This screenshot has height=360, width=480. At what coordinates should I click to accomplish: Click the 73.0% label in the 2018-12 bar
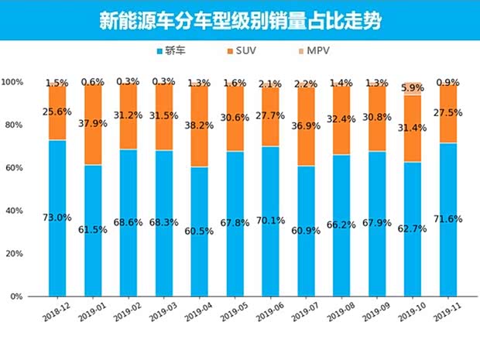click(x=57, y=218)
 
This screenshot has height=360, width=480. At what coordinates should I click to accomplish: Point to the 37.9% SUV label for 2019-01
click(x=92, y=108)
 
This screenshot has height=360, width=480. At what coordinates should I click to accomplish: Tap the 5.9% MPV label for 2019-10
click(x=413, y=87)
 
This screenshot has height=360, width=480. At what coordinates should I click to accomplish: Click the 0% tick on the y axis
click(x=15, y=297)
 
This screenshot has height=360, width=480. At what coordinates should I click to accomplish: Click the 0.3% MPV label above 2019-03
click(x=163, y=81)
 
